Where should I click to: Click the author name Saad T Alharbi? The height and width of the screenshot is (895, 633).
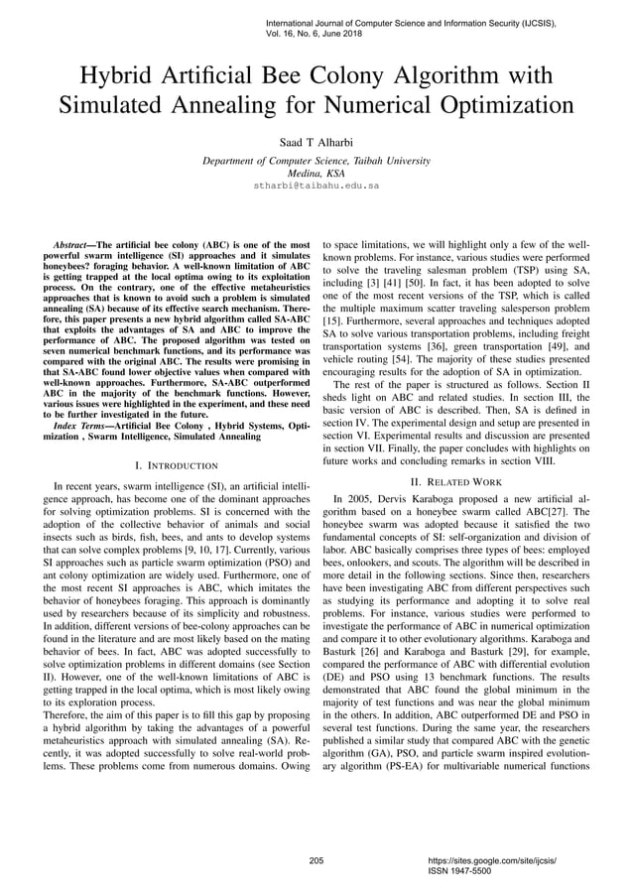pyautogui.click(x=316, y=142)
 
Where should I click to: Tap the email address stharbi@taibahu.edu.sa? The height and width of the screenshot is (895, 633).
pyautogui.click(x=316, y=185)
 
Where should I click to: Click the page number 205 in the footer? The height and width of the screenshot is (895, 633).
pyautogui.click(x=316, y=861)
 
